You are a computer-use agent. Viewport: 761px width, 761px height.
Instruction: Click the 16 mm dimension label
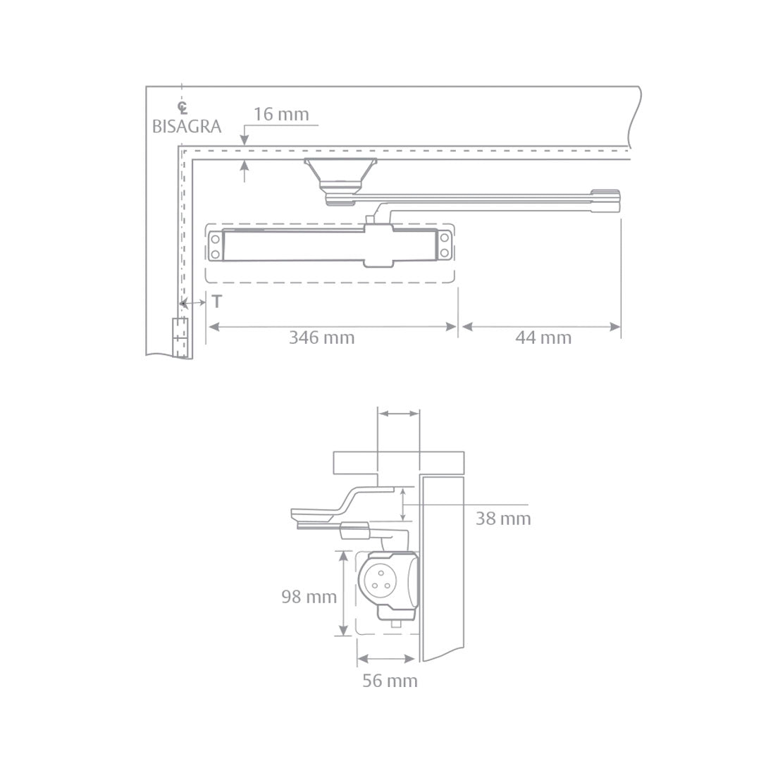281,115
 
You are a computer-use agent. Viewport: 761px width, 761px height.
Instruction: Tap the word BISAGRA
187,127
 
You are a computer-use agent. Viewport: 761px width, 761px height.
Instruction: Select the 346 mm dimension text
322,338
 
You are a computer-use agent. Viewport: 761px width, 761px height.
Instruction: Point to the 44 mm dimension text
543,338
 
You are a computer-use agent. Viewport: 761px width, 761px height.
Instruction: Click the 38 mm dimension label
503,519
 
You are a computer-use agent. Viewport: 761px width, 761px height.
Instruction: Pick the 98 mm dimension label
309,597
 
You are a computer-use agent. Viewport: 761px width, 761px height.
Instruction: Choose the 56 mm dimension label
390,681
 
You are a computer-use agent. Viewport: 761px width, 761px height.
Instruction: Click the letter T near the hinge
217,302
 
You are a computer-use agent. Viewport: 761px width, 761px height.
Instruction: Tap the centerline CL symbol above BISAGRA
182,108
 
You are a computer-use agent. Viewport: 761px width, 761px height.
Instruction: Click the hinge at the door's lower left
180,338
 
